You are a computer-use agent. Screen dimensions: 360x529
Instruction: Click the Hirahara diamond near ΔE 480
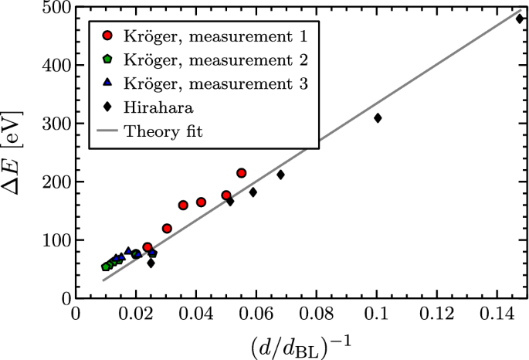520,19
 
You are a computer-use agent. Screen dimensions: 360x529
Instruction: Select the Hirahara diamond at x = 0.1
378,118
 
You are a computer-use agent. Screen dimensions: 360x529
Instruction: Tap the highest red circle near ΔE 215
241,173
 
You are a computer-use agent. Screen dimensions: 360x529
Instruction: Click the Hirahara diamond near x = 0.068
280,175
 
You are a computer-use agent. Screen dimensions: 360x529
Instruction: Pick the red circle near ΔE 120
167,229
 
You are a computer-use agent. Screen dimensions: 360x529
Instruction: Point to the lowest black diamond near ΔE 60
151,263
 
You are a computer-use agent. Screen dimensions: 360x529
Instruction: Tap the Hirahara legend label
160,108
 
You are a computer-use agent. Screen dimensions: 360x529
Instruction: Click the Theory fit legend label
165,132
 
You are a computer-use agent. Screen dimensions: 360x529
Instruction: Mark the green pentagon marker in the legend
109,59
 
